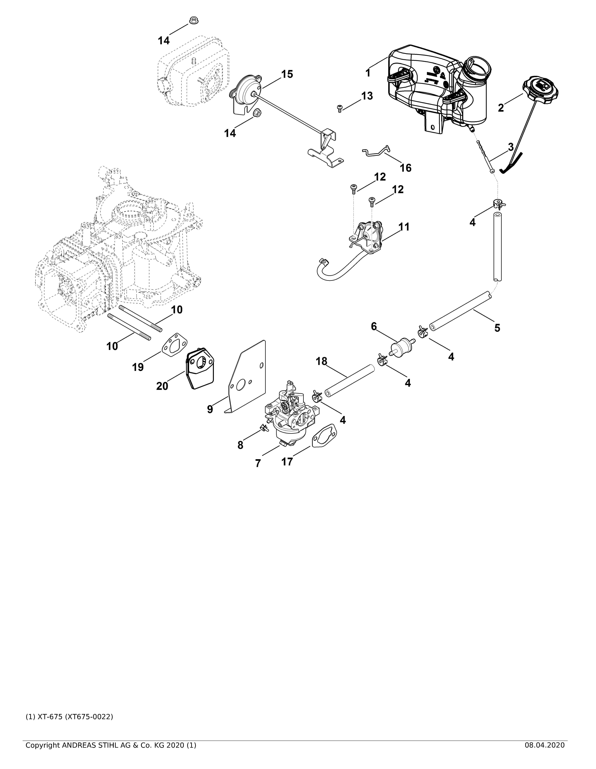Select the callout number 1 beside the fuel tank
click(368, 73)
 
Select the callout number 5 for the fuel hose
click(497, 328)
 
